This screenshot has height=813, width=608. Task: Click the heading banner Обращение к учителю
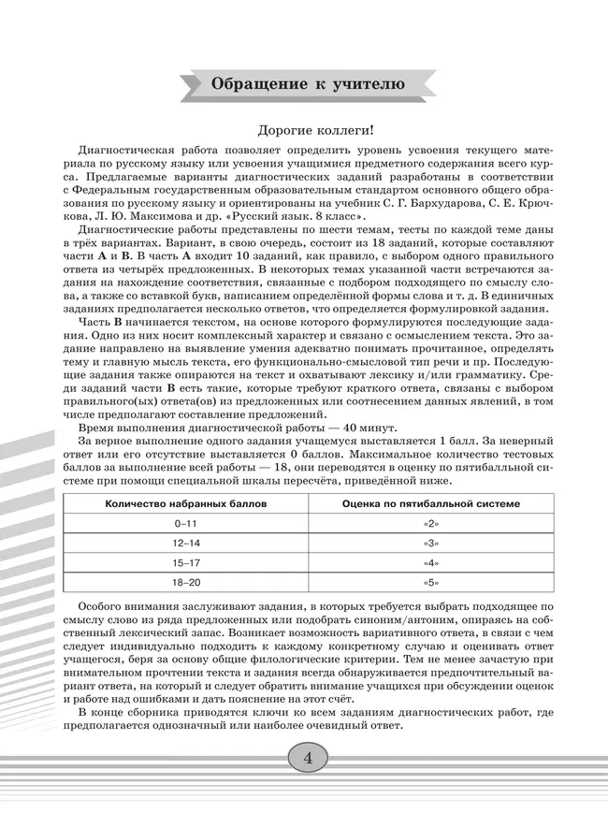(308, 84)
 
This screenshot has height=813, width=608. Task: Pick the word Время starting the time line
(98, 426)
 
